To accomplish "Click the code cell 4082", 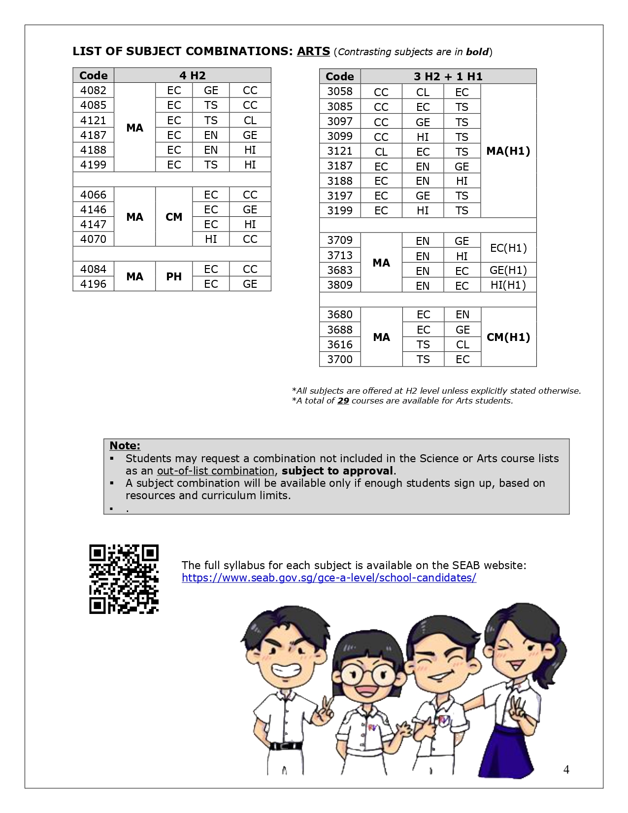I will point(93,90).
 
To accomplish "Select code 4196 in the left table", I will point(93,284).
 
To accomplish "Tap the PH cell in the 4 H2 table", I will point(173,276).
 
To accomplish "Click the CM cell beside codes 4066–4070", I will point(173,217).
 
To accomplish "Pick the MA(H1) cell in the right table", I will point(508,151).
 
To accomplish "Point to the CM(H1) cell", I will point(508,337).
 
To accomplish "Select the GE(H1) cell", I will point(508,270).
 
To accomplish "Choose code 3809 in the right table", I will point(340,285).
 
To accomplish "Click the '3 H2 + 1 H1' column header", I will point(448,76).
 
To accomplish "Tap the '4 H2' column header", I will point(192,75).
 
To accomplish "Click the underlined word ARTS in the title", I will point(313,51).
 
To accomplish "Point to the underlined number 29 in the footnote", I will point(343,401).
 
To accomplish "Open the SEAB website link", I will point(329,577).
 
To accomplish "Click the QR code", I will point(124,579).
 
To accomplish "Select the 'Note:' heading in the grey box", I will point(125,445).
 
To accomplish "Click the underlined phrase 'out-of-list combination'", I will point(215,471).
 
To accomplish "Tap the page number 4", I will point(566,770).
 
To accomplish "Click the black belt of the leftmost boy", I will point(285,746).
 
